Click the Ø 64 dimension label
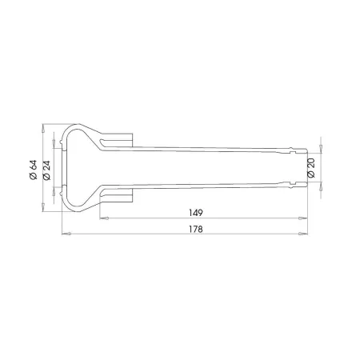click(x=34, y=170)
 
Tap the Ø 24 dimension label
click(x=46, y=170)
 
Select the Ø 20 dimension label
click(x=311, y=168)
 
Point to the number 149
click(x=196, y=213)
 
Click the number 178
click(x=196, y=229)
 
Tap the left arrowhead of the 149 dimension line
click(x=104, y=218)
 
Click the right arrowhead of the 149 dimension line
click(x=303, y=218)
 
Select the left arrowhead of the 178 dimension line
click(x=66, y=234)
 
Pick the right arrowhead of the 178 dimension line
click(x=303, y=234)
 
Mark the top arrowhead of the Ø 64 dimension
click(x=42, y=128)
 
